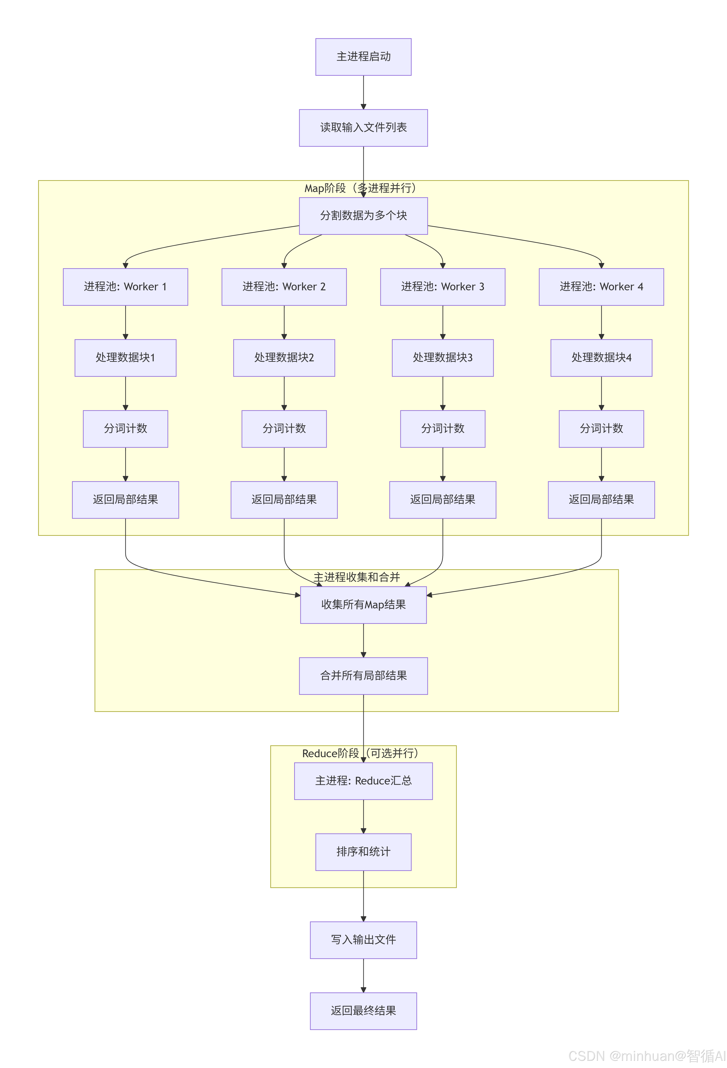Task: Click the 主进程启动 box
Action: pos(363,57)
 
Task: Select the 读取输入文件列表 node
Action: pos(363,128)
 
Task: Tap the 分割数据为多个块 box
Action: pos(363,215)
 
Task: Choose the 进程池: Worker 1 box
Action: pos(125,287)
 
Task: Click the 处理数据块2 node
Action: pos(284,357)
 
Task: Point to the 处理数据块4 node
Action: pos(601,357)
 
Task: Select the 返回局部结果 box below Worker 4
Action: pos(601,500)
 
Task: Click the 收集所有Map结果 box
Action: pos(363,605)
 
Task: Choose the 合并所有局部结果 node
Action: pos(363,676)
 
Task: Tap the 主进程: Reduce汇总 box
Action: pos(363,781)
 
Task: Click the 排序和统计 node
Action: pos(363,852)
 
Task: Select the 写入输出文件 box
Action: pos(363,940)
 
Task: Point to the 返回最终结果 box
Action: pos(363,1011)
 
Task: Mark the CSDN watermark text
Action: pos(647,1055)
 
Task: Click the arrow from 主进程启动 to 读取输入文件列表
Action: pos(363,92)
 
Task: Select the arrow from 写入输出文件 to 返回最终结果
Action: pos(363,975)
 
